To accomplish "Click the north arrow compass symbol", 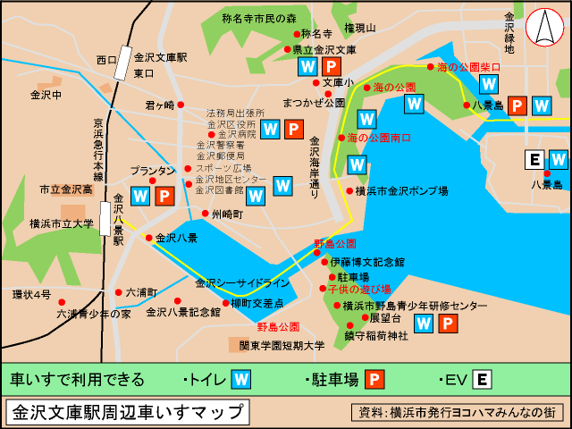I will pos(542,29).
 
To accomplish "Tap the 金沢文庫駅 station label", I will pos(160,57).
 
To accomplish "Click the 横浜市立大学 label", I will pos(62,223).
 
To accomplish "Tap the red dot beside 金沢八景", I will pos(148,238).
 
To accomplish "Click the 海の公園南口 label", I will pos(379,138).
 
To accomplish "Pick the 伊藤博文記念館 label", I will pos(367,263).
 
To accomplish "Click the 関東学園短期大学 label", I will pos(281,345).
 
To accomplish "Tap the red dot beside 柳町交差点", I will pos(224,304).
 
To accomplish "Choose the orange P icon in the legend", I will pos(374,380).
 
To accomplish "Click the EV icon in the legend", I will pos(482,380).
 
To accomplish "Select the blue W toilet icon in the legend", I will pos(240,380).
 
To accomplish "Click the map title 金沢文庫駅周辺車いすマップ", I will pos(127,412).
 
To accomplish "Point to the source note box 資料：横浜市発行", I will pos(457,413).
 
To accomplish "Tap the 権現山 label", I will pos(360,29).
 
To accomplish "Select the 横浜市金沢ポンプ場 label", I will pos(401,190).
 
